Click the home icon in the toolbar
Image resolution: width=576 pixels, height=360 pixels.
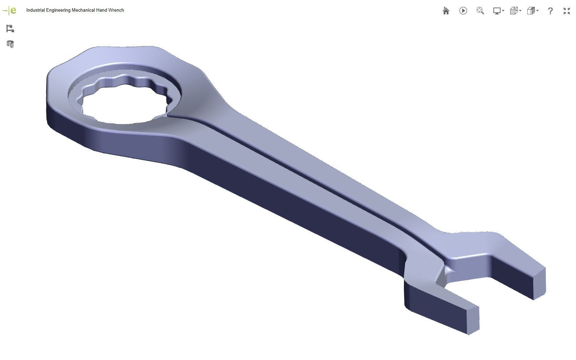tap(446, 11)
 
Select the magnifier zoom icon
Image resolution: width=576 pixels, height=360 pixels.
tap(480, 11)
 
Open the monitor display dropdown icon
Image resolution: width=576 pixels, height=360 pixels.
tap(498, 11)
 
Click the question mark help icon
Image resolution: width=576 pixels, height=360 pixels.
tap(550, 11)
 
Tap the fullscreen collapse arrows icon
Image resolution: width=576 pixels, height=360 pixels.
tap(567, 11)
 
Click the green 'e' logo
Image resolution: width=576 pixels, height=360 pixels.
tap(13, 10)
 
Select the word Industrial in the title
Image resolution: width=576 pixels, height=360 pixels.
tap(35, 10)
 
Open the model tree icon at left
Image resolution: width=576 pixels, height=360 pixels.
tap(10, 28)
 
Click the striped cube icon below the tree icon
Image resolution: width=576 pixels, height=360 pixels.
tap(10, 44)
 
